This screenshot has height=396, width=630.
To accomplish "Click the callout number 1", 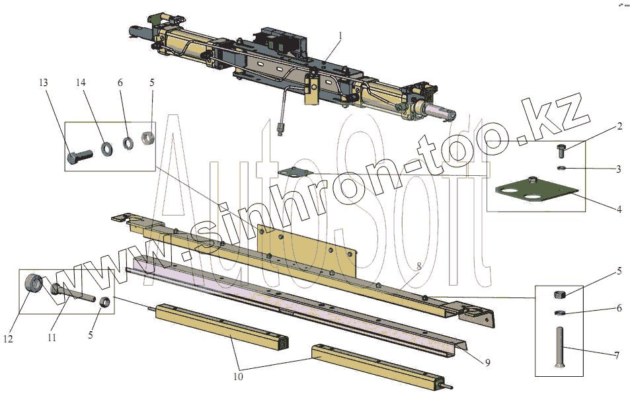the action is click(x=340, y=36).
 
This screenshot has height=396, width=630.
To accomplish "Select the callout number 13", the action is click(x=44, y=83).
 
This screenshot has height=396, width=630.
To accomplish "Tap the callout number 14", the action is click(x=81, y=83).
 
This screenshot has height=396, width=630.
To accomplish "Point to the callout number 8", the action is click(x=419, y=266).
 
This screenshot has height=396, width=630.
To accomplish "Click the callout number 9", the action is click(x=487, y=363).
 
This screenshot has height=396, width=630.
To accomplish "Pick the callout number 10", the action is click(x=238, y=376).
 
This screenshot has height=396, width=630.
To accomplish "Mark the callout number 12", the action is click(x=8, y=339).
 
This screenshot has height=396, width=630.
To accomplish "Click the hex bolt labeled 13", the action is click(x=80, y=156).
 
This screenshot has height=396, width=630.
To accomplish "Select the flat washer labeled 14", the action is click(x=107, y=149).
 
